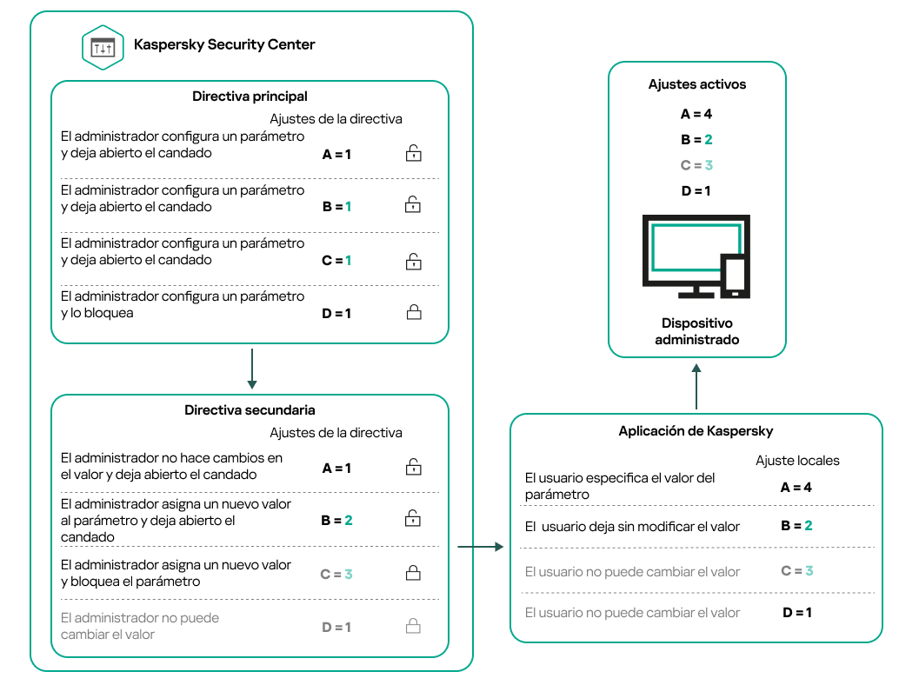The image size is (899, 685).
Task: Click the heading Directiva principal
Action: click(250, 96)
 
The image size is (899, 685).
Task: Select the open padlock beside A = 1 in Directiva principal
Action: click(413, 154)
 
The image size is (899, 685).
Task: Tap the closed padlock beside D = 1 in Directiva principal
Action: click(413, 312)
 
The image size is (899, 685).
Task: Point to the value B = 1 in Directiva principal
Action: click(336, 207)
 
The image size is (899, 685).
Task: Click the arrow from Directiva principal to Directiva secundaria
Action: click(250, 369)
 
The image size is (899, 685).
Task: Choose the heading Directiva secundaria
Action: click(250, 409)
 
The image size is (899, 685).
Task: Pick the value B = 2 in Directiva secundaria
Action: click(336, 520)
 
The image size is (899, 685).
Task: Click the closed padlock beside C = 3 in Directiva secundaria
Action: click(413, 573)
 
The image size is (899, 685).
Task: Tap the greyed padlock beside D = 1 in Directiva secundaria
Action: click(413, 626)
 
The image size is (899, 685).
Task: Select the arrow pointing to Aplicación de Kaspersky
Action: click(480, 547)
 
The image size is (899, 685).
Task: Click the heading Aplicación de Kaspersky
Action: click(696, 431)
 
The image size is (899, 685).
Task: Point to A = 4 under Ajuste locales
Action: click(796, 488)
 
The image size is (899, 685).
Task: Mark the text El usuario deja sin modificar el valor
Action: click(632, 526)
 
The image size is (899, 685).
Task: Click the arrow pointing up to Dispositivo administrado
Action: click(696, 386)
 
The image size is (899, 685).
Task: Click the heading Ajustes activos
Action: click(697, 84)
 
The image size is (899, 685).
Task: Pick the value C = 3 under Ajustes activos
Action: click(696, 165)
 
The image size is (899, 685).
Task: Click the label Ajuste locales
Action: click(797, 461)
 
